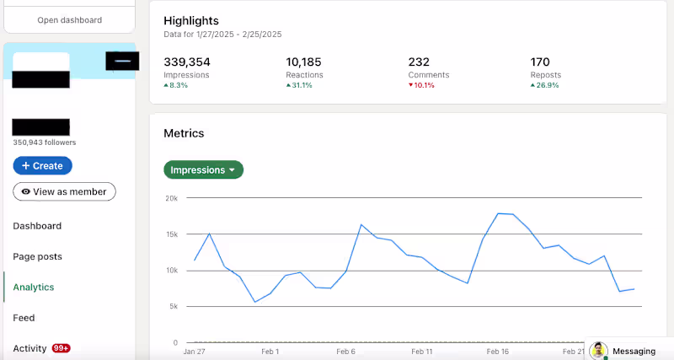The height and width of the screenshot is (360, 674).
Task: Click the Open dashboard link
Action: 69,19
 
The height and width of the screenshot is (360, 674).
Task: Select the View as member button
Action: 64,191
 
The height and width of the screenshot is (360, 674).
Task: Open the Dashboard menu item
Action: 37,226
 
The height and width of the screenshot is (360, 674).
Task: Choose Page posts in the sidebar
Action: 37,256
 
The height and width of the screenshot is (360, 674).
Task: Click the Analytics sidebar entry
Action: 34,287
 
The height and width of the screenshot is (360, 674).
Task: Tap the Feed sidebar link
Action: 24,318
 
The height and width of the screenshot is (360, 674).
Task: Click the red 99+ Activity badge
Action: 61,348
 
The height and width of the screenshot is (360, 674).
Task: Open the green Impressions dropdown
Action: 203,170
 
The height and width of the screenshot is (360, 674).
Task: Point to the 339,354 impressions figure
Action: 187,62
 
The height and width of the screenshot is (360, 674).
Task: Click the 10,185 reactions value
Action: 304,62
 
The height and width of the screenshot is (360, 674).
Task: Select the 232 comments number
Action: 419,62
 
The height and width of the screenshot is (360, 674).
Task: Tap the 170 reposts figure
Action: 540,62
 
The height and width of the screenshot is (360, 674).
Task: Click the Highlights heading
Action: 191,20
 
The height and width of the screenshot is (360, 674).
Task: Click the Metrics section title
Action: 184,133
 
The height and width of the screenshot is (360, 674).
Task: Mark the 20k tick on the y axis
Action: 171,198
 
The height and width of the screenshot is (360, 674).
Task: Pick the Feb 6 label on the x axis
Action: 345,352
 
